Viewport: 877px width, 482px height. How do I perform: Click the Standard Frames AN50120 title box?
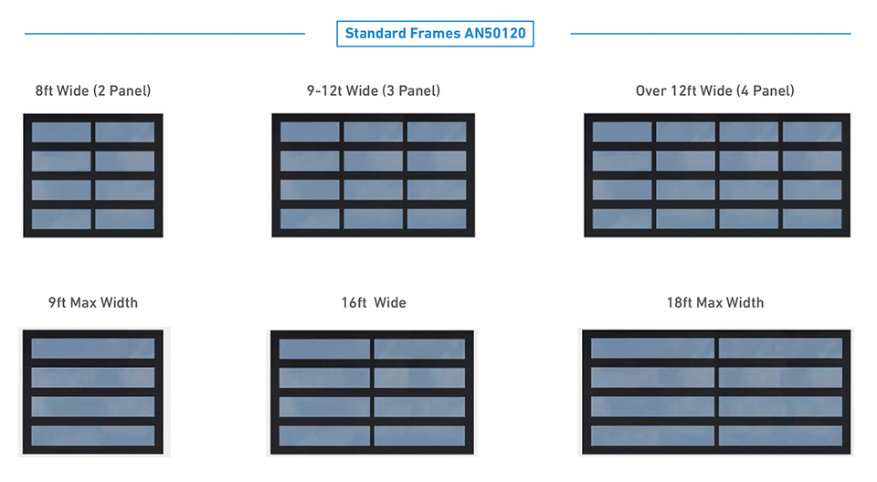tap(435, 34)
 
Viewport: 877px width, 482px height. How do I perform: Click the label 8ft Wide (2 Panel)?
tap(93, 90)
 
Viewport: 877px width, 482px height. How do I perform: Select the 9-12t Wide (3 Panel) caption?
tap(373, 90)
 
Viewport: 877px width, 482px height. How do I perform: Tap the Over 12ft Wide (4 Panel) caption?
tap(715, 90)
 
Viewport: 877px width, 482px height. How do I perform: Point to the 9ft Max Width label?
tap(93, 302)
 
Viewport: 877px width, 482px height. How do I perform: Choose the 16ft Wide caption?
tap(373, 302)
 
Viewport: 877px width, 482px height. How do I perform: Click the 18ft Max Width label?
tap(715, 302)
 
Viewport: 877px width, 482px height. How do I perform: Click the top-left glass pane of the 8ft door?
tap(61, 131)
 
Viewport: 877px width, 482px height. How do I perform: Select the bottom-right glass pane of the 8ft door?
tap(124, 219)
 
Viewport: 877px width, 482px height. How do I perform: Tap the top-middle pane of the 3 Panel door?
tap(373, 131)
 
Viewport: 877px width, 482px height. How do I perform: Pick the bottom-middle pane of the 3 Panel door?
tap(373, 219)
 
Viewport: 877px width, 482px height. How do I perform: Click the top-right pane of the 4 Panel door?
tap(812, 131)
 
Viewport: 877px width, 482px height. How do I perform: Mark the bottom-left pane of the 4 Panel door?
tap(622, 219)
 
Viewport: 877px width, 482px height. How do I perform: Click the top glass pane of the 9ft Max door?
tap(93, 348)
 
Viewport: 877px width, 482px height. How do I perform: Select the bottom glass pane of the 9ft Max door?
tap(93, 435)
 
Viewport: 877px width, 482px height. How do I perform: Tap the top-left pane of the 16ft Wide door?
tap(324, 349)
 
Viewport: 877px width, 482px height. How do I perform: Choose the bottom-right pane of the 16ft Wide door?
tap(419, 435)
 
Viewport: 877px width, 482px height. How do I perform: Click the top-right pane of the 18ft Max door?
tap(780, 348)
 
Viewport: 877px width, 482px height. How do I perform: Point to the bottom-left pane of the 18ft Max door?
tap(652, 435)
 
